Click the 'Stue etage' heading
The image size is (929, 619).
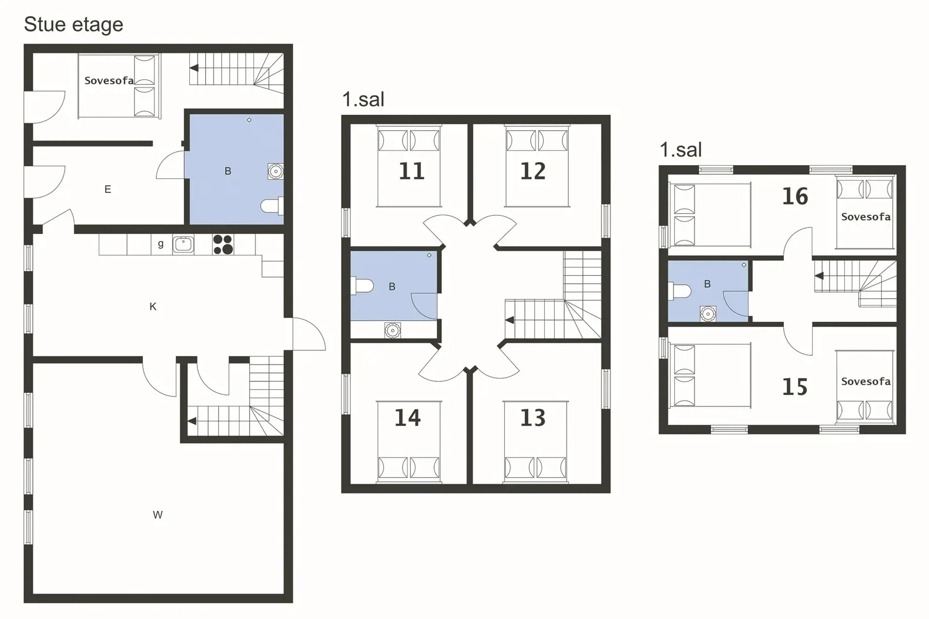pyautogui.click(x=74, y=25)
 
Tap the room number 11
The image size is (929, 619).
pyautogui.click(x=411, y=171)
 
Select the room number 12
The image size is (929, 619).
pyautogui.click(x=533, y=171)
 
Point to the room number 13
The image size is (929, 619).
pyautogui.click(x=533, y=418)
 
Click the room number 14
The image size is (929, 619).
pyautogui.click(x=407, y=418)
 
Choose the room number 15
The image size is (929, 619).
pyautogui.click(x=795, y=387)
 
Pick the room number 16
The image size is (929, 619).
pyautogui.click(x=795, y=196)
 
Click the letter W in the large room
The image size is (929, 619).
pyautogui.click(x=158, y=515)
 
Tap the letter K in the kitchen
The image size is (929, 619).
pyautogui.click(x=153, y=306)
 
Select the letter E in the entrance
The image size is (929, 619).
pyautogui.click(x=108, y=189)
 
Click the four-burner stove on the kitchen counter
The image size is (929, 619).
pyautogui.click(x=223, y=244)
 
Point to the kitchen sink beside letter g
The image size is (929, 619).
pyautogui.click(x=183, y=244)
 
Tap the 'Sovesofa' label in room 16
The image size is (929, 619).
pyautogui.click(x=866, y=217)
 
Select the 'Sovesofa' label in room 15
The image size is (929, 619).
pyautogui.click(x=866, y=381)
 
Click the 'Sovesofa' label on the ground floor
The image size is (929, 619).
pyautogui.click(x=109, y=81)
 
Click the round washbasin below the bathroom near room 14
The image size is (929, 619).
pyautogui.click(x=392, y=331)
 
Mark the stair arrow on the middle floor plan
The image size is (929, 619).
pyautogui.click(x=509, y=320)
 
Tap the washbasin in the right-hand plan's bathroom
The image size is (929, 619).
pyautogui.click(x=708, y=314)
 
